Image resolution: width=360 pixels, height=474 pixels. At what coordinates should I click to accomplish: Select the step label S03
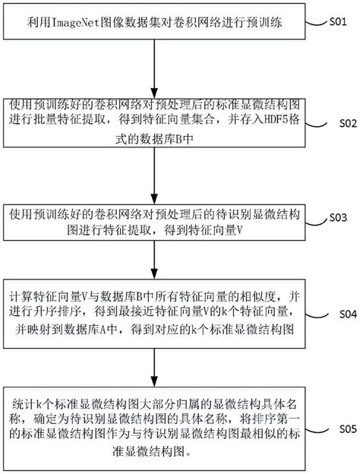pos(337,218)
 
